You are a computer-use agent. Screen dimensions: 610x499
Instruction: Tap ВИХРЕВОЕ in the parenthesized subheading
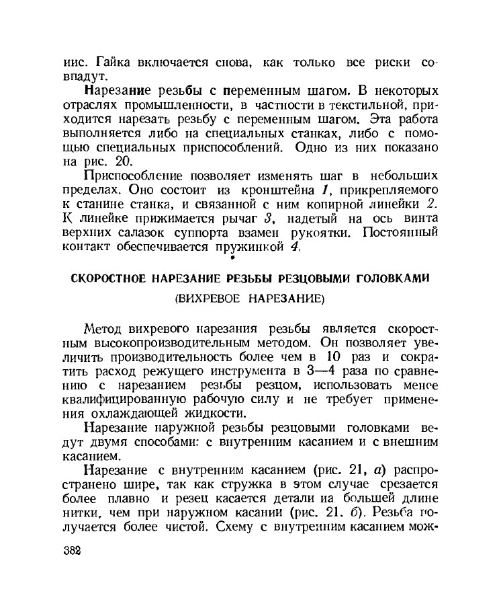214,297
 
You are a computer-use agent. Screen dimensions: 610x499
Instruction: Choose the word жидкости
214,413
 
